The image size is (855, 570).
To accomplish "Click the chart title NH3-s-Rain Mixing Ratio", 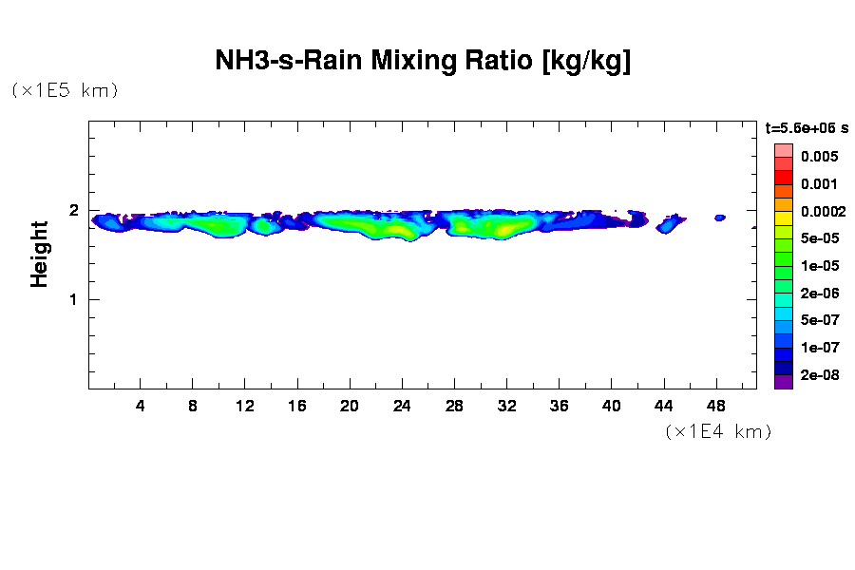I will click(x=423, y=62).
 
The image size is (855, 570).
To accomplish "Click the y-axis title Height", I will click(x=39, y=255).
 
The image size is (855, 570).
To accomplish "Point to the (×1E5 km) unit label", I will click(x=65, y=91).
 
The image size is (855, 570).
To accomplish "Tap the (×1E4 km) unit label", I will click(x=718, y=432).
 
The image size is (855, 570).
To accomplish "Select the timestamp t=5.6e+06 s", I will click(x=807, y=127).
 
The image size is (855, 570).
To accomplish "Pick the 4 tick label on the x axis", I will click(x=141, y=407).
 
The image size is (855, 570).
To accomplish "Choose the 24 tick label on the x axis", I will click(x=403, y=407).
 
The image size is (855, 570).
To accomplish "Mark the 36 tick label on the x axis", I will click(x=560, y=407).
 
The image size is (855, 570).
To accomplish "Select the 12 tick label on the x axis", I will click(x=245, y=407).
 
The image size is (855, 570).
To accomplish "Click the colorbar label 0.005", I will click(x=818, y=157).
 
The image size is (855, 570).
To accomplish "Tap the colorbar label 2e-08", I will click(x=818, y=375).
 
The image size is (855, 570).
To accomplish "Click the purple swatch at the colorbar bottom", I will click(x=783, y=382).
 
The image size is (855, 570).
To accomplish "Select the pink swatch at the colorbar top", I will click(x=783, y=150).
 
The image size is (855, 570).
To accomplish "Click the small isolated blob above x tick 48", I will click(x=720, y=218).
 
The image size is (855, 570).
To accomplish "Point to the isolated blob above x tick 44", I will click(x=670, y=224).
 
